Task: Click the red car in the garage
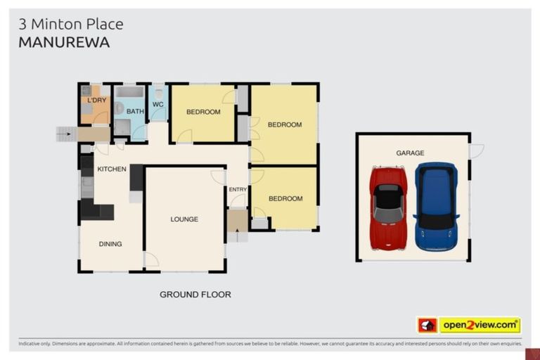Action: click(x=388, y=208)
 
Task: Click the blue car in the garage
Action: click(x=436, y=207)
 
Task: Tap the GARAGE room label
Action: click(x=410, y=153)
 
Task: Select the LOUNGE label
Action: click(x=184, y=219)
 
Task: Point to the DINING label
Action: click(x=110, y=244)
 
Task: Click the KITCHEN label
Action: click(x=111, y=169)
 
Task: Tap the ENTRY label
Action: click(x=238, y=189)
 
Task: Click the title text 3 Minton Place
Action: click(x=70, y=24)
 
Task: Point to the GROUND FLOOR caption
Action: click(x=195, y=295)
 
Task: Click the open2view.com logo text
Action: click(x=480, y=325)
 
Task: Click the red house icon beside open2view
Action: click(x=427, y=325)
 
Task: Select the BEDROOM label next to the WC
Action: click(x=203, y=112)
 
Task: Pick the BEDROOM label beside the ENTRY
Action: click(x=285, y=198)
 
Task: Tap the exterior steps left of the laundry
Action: click(x=65, y=133)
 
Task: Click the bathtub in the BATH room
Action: click(x=129, y=91)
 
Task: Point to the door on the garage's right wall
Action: click(x=476, y=150)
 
